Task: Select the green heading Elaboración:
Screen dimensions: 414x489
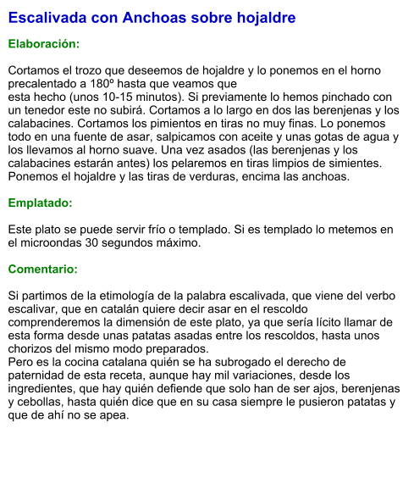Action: pos(44,43)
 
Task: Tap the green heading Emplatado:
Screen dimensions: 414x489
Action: pos(41,203)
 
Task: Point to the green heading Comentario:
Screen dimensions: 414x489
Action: pos(43,269)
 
